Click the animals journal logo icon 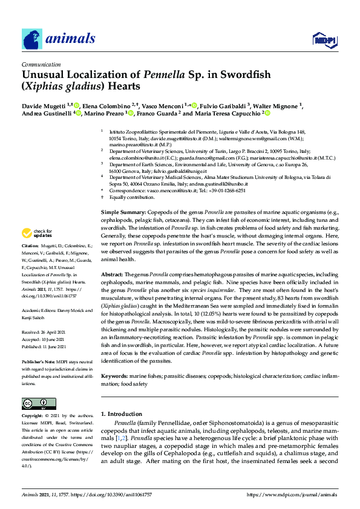(31, 40)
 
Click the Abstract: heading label (112, 274)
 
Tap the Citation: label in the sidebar (30, 246)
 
